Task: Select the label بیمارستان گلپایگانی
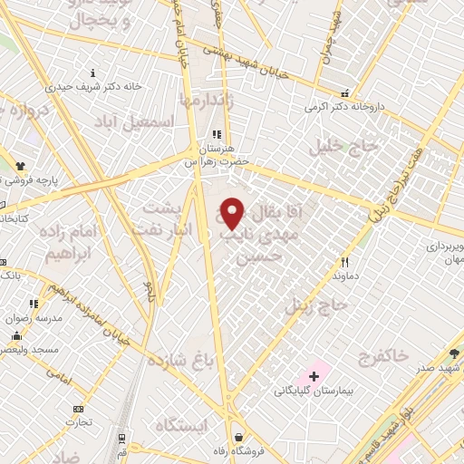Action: pyautogui.click(x=314, y=391)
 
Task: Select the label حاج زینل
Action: pyautogui.click(x=316, y=306)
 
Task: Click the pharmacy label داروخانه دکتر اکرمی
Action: pyautogui.click(x=344, y=106)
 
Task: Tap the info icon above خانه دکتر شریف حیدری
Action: pyautogui.click(x=95, y=72)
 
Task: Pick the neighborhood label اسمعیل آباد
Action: pyautogui.click(x=166, y=121)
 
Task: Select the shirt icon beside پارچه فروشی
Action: pyautogui.click(x=20, y=165)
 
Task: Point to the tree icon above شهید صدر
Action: pyautogui.click(x=453, y=353)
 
